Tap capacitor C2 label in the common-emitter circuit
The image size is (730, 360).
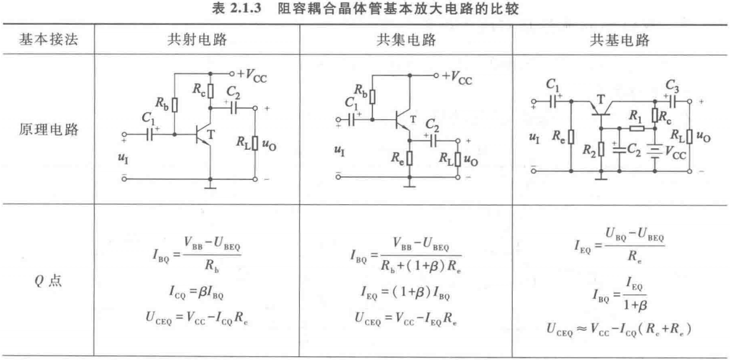[x=233, y=93]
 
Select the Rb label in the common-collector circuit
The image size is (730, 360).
[x=361, y=94]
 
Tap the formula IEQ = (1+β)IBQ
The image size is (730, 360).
[x=406, y=292]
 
